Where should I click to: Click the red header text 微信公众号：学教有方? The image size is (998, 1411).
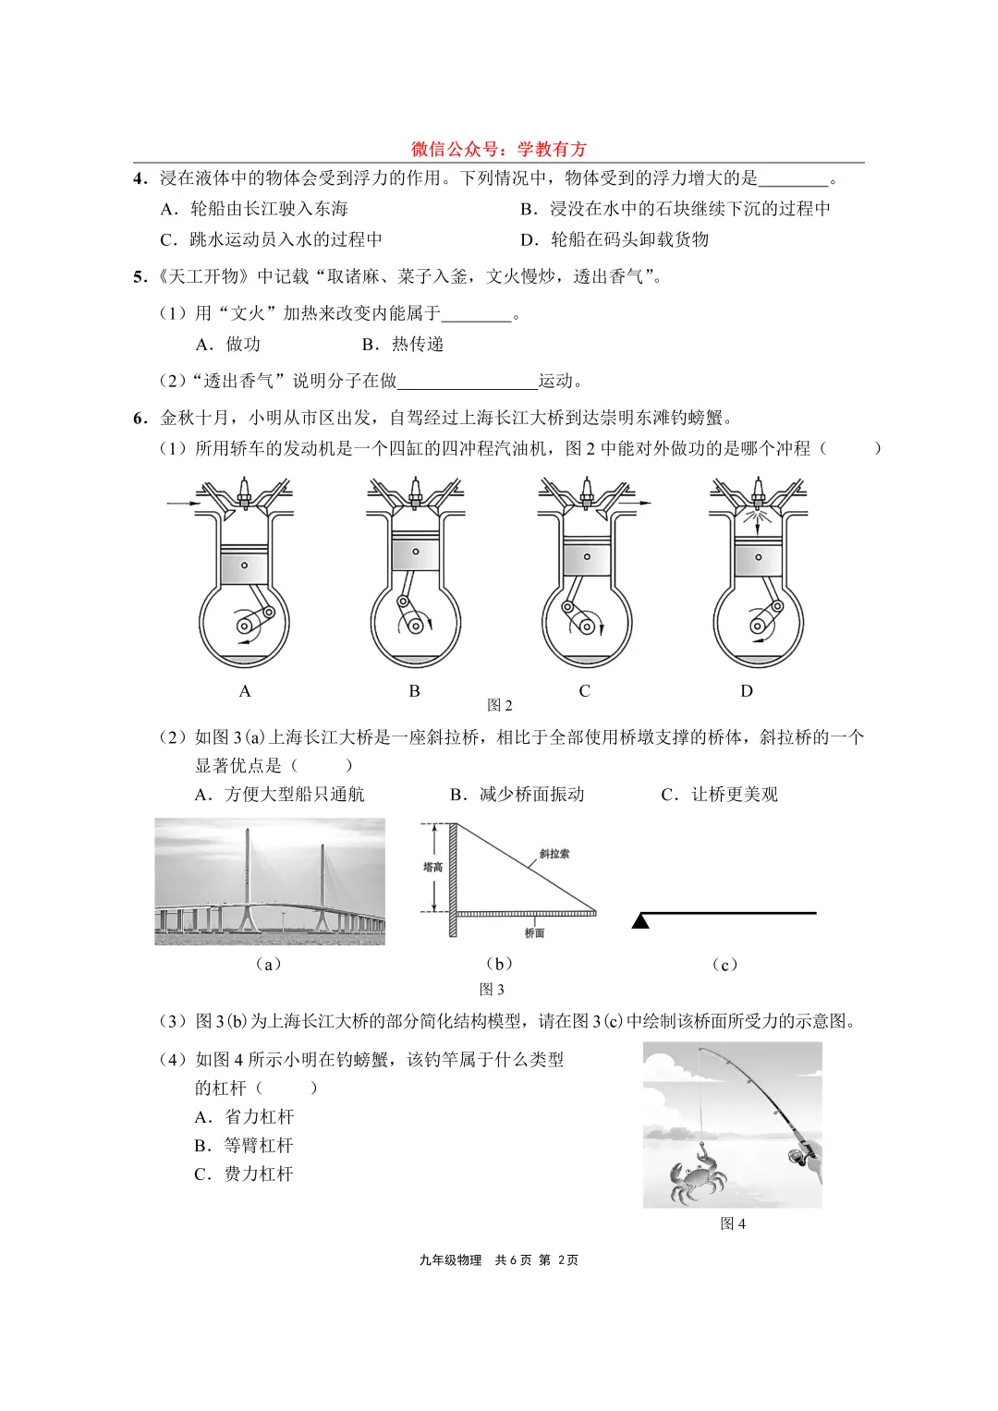coord(499,149)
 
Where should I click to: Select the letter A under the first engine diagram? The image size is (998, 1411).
coord(245,691)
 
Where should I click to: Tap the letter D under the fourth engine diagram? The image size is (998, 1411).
coord(747,691)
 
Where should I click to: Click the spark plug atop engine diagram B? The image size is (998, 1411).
coord(415,490)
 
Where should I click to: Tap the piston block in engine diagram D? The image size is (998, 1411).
coord(758,557)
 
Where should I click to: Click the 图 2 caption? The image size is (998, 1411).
coord(499,705)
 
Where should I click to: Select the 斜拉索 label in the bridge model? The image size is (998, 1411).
coord(554,854)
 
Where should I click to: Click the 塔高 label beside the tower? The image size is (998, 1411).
coord(432,867)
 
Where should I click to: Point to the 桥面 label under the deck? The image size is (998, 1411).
coord(534,933)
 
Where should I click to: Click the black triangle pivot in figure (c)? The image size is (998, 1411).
coord(640,920)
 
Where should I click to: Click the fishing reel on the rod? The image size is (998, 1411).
coord(797,1155)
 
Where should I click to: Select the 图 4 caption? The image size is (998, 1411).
coord(732,1223)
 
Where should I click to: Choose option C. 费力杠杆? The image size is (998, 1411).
coord(244,1174)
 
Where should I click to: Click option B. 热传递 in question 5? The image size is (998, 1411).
coord(403,344)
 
